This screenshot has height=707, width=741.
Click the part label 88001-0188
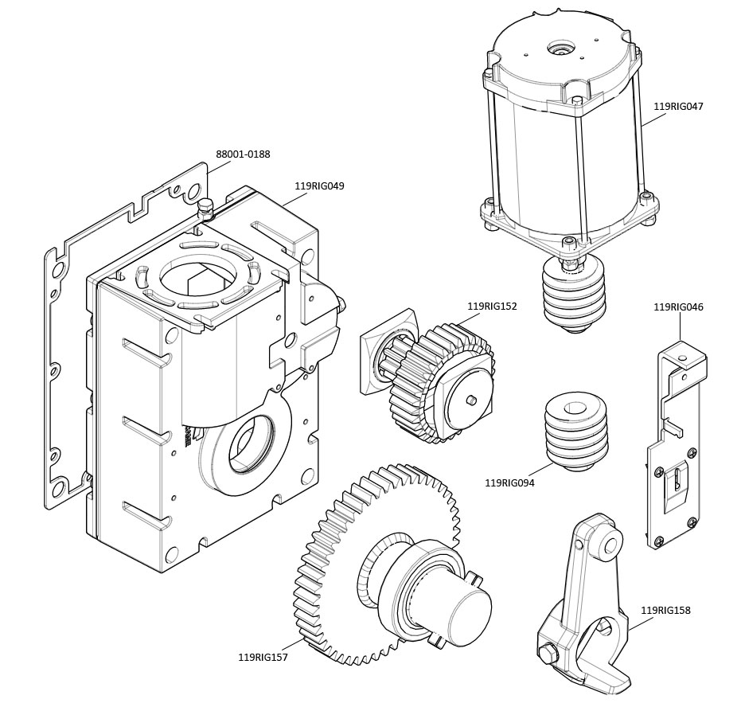pyautogui.click(x=243, y=154)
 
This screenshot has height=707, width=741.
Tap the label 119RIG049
pyautogui.click(x=319, y=186)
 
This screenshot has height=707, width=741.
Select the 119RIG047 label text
pyautogui.click(x=678, y=106)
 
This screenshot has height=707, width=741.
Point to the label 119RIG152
pyautogui.click(x=492, y=307)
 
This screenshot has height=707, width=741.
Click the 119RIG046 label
pyautogui.click(x=678, y=307)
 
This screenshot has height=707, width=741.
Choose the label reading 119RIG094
pyautogui.click(x=509, y=482)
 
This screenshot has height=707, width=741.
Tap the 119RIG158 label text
pyautogui.click(x=665, y=611)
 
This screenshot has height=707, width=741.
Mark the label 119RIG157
pyautogui.click(x=263, y=658)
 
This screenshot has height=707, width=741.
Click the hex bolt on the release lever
pyautogui.click(x=548, y=654)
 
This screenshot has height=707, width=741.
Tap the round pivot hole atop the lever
pyautogui.click(x=610, y=545)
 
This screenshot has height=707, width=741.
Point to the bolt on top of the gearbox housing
pyautogui.click(x=206, y=208)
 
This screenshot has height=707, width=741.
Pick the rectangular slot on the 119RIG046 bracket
pyautogui.click(x=676, y=481)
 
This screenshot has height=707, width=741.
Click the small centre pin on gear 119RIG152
pyautogui.click(x=472, y=400)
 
